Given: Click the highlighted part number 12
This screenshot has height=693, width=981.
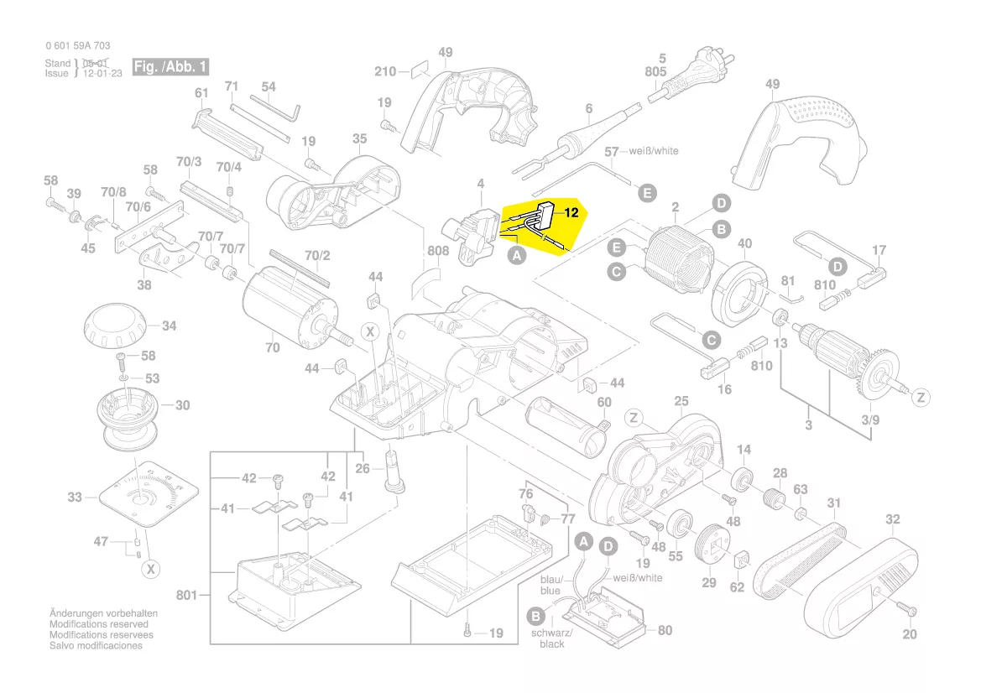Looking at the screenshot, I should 571,213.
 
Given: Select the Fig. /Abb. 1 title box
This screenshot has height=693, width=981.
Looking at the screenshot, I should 171,66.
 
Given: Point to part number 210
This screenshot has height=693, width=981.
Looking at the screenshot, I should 385,71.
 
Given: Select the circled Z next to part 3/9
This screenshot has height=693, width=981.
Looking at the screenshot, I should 921,397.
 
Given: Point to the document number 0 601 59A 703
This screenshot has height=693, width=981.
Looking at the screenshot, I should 77,46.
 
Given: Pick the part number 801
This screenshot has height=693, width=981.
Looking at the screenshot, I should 186,596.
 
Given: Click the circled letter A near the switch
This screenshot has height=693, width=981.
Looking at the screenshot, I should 518,258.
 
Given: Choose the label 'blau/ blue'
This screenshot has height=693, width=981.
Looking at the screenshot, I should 551,585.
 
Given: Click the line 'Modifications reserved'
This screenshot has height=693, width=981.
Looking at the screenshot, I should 99,625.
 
